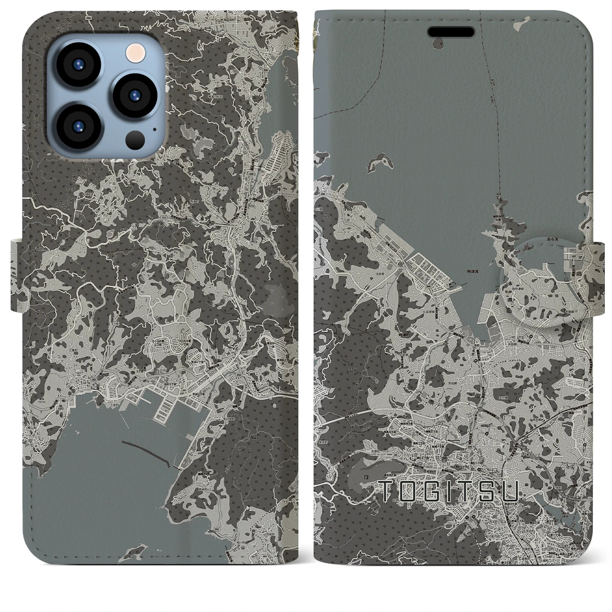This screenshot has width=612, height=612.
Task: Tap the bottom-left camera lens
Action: (x=77, y=127)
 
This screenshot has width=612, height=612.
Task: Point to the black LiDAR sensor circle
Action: (x=136, y=140)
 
